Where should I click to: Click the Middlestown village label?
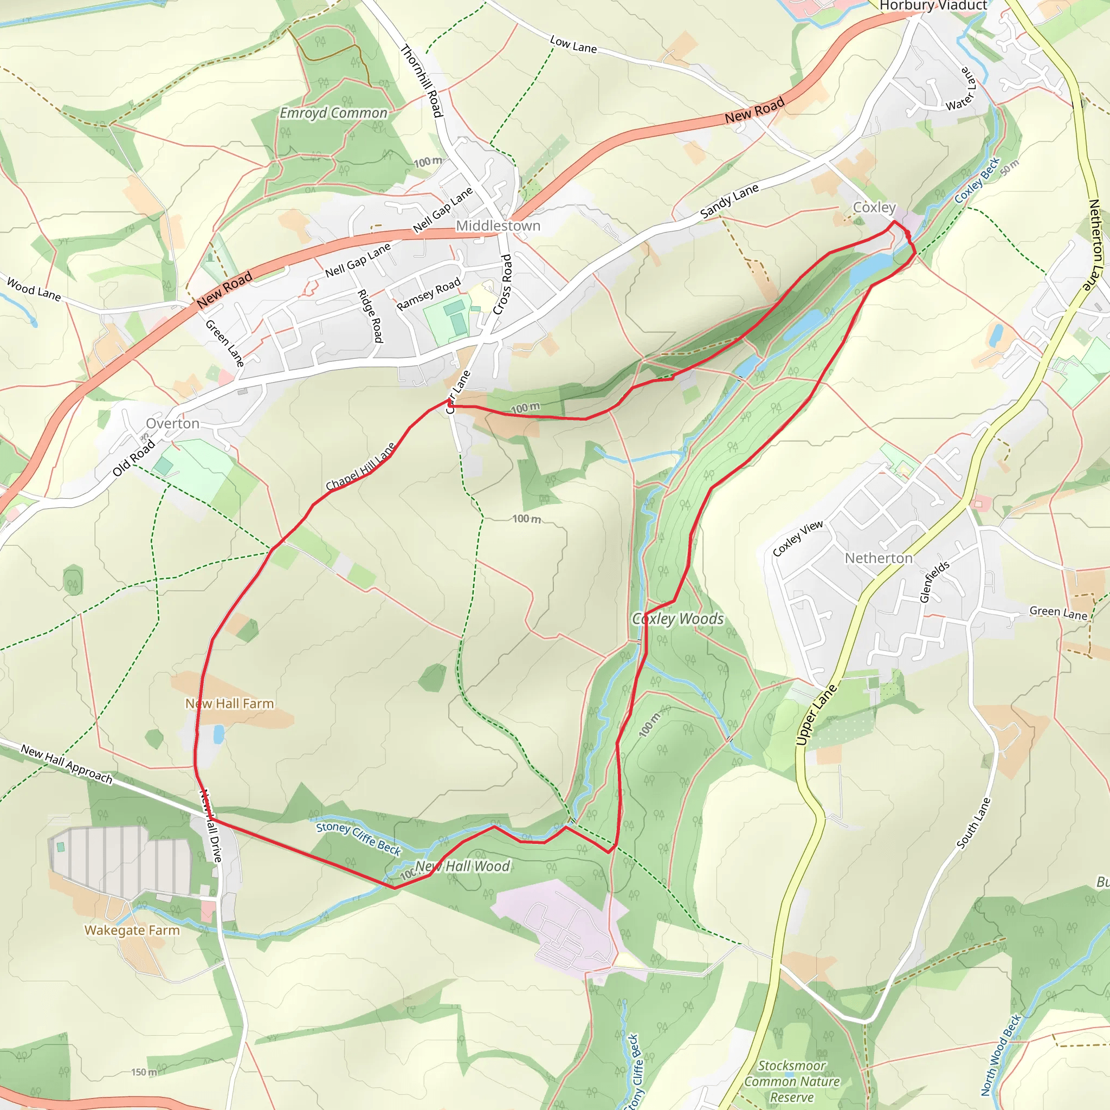click(x=498, y=226)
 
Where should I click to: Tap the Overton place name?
click(x=172, y=423)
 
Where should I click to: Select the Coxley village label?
click(x=874, y=207)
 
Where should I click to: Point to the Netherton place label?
click(x=879, y=558)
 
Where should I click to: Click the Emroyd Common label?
click(x=333, y=113)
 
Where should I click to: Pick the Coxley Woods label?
click(x=678, y=619)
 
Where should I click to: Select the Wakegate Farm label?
click(x=132, y=930)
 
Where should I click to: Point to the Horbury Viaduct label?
click(x=933, y=6)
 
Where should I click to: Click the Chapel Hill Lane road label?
click(x=361, y=467)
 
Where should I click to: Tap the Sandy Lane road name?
click(x=729, y=201)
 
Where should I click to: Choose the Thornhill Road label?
click(x=422, y=81)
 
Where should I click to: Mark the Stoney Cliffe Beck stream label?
click(x=358, y=838)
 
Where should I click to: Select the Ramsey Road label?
click(x=429, y=294)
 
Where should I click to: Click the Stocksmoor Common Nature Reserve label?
click(x=792, y=1081)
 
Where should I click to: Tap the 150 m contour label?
click(x=144, y=1072)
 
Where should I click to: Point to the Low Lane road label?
click(x=573, y=44)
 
